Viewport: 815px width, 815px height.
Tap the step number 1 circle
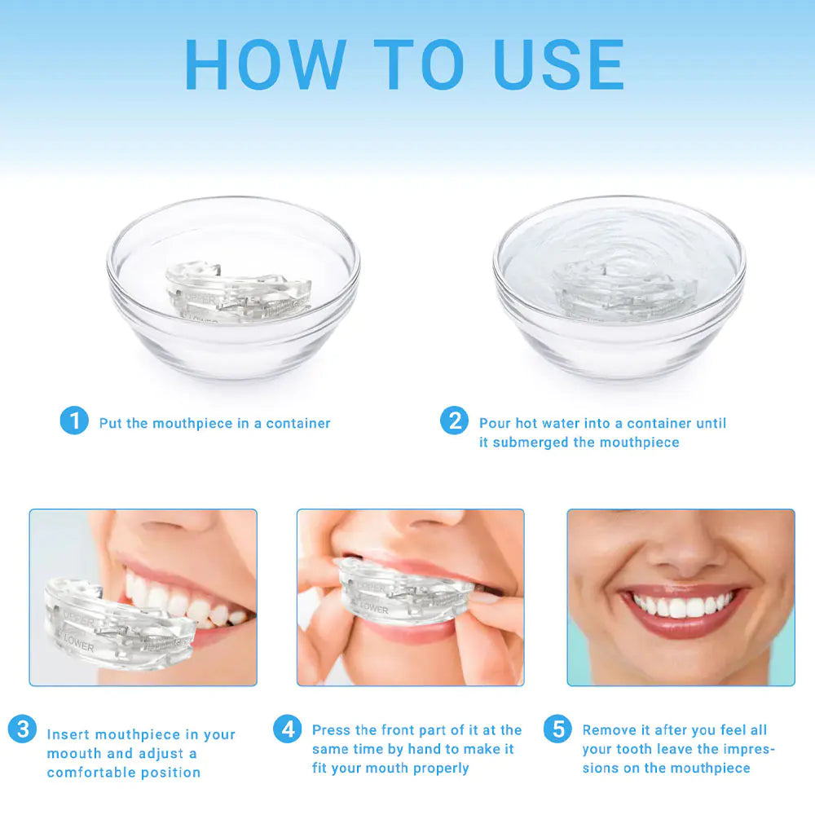point(74,421)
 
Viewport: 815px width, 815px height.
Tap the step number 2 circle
point(454,421)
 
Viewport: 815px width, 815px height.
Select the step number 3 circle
point(22,729)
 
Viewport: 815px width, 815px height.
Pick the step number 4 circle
point(287,729)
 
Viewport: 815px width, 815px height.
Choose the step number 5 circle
point(557,729)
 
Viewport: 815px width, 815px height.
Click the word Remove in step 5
point(609,730)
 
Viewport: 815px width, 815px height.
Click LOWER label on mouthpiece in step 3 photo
point(78,646)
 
